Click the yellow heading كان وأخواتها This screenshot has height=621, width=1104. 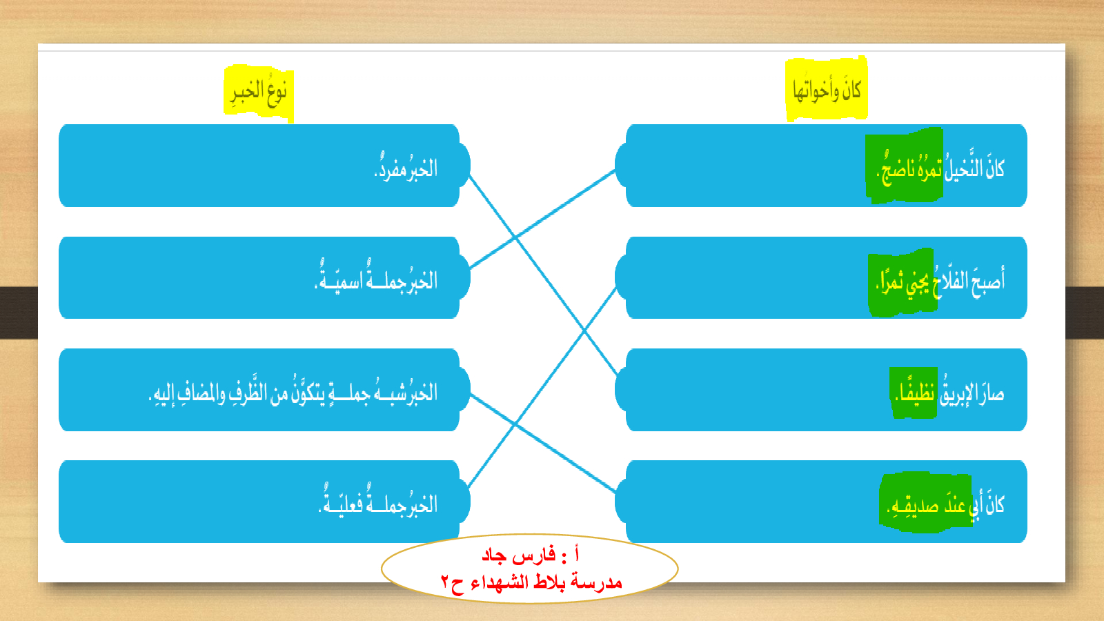click(827, 90)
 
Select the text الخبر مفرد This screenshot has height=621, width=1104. click(406, 168)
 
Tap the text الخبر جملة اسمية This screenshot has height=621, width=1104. click(376, 278)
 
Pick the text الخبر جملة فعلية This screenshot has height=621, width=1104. click(378, 502)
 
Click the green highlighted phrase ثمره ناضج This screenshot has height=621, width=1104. click(910, 168)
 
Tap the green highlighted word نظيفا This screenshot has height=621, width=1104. click(915, 393)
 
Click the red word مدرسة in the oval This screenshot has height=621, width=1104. click(599, 582)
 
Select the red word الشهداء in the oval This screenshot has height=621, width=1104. click(499, 583)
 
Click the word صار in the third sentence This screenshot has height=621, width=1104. click(991, 393)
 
